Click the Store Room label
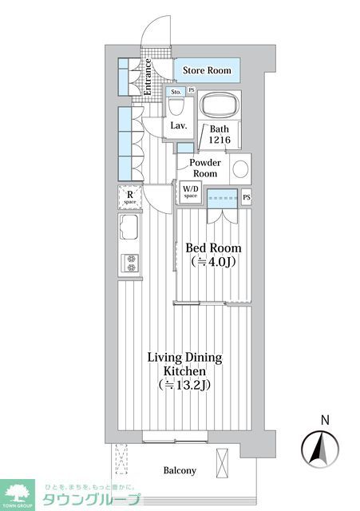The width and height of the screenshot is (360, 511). pos(207,71)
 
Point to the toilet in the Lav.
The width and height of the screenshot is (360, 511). pos(178,106)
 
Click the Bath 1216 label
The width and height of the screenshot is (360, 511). pos(220,134)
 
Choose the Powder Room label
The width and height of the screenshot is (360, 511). pos(205,168)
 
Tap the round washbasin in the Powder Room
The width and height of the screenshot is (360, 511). pos(240,168)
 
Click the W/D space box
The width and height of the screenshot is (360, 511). pos(190,192)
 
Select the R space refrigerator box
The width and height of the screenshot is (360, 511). pos(129,196)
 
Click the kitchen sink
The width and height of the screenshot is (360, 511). pos(129,229)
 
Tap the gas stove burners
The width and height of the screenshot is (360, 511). pos(129,262)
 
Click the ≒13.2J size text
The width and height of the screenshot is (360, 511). pos(184,385)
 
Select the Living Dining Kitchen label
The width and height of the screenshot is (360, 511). pos(184,364)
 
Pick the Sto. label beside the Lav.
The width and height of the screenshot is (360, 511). pos(176,92)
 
